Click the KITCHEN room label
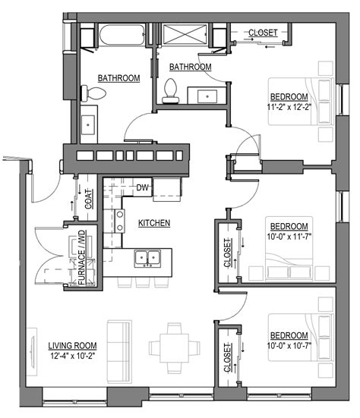pos(153,223)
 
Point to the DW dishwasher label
pos(142,187)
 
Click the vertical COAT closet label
pos(88,198)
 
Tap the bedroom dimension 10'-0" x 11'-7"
pos(289,237)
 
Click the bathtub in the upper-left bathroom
pos(121,36)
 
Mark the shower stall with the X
pos(183,36)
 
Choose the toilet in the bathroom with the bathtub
pos(95,92)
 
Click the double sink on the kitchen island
pos(147,259)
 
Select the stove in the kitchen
pos(119,221)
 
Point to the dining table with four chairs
pos(175,347)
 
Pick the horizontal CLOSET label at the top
pos(264,33)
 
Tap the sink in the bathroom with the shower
pos(208,96)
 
